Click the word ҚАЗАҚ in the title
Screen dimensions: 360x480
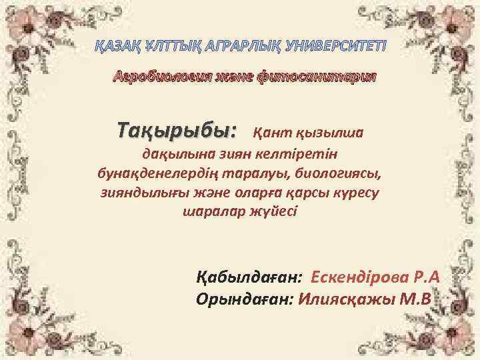(x=112, y=48)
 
